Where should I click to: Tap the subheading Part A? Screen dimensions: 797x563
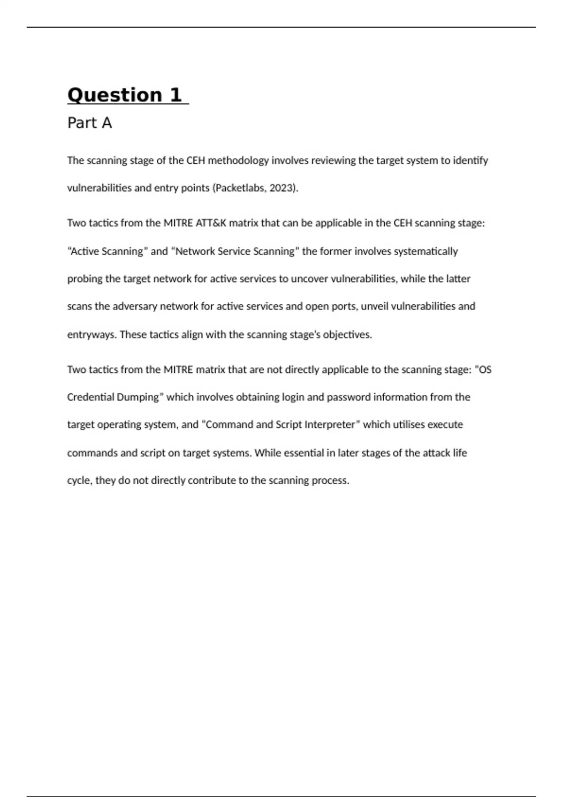90,123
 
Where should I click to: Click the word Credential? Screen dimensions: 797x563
89,397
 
